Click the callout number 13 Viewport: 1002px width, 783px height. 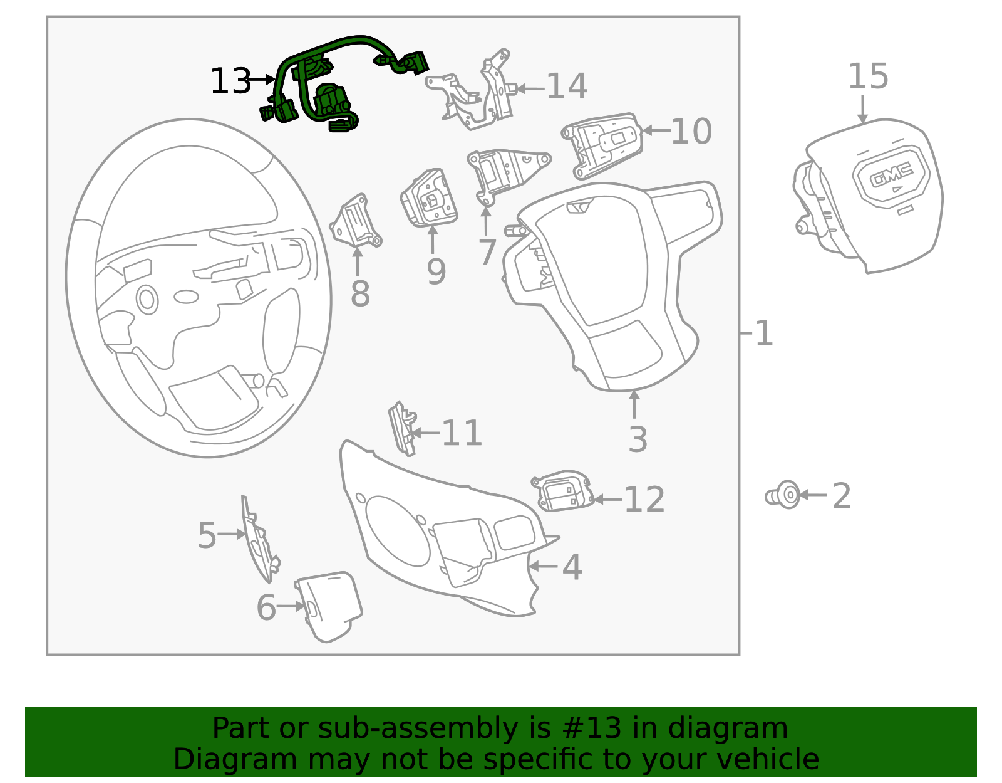point(230,81)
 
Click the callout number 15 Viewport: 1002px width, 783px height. point(867,76)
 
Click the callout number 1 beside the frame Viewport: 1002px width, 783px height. point(764,333)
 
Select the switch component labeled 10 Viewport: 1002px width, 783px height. point(602,145)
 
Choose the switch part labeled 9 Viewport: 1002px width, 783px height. point(430,199)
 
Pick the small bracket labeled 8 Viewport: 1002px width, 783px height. point(356,223)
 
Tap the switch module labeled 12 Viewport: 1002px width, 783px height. point(562,491)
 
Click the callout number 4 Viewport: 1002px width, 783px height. point(571,567)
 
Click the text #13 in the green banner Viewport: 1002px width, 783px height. point(592,728)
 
